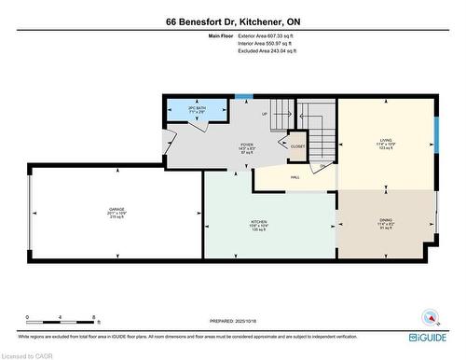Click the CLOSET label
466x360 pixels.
[298, 146]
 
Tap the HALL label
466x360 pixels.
[295, 176]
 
